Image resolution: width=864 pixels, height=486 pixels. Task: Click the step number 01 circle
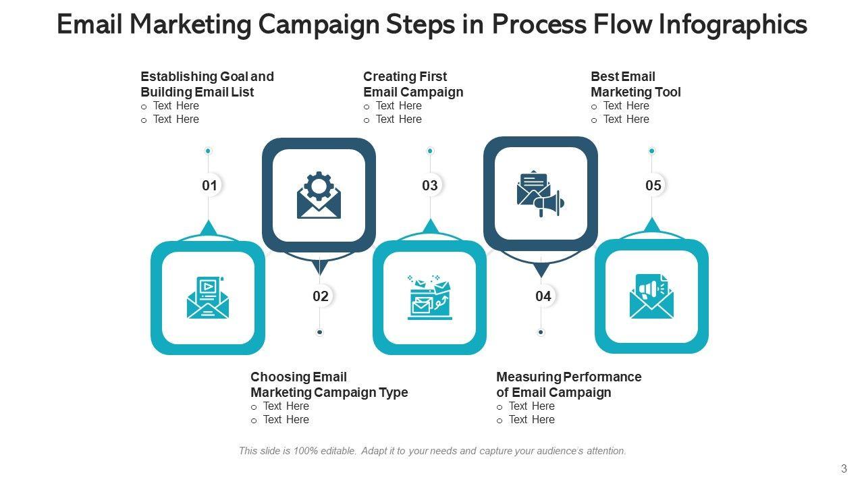(209, 186)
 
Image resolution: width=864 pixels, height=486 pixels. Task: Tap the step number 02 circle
(320, 296)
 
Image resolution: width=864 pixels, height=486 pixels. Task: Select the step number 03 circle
(430, 186)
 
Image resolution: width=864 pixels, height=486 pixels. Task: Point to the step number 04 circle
(543, 296)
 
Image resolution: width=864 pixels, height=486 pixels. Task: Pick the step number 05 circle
(653, 186)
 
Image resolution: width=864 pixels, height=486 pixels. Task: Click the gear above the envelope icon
(319, 184)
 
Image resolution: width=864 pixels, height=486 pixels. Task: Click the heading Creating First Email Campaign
(412, 84)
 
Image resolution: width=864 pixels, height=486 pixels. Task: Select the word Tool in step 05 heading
(668, 92)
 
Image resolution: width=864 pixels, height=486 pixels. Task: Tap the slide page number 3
(844, 469)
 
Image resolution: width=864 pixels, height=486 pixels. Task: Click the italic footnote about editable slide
(432, 451)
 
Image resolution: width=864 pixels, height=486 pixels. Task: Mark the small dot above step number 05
(651, 151)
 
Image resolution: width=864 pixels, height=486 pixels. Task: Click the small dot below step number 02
(320, 332)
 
